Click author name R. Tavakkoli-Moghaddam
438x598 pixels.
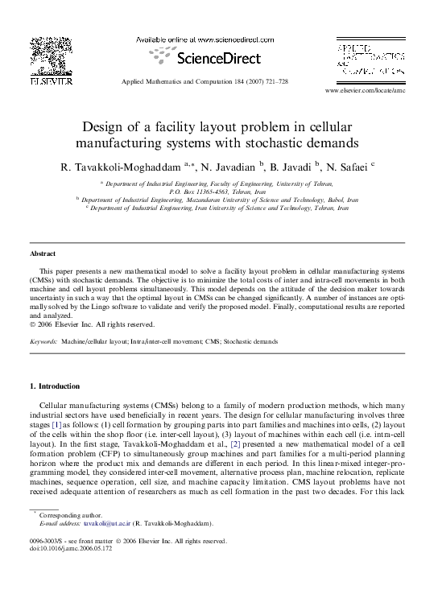pos(120,167)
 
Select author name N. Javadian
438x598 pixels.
pos(228,167)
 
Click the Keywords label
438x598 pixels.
pos(43,341)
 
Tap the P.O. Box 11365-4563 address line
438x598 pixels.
pos(219,193)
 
